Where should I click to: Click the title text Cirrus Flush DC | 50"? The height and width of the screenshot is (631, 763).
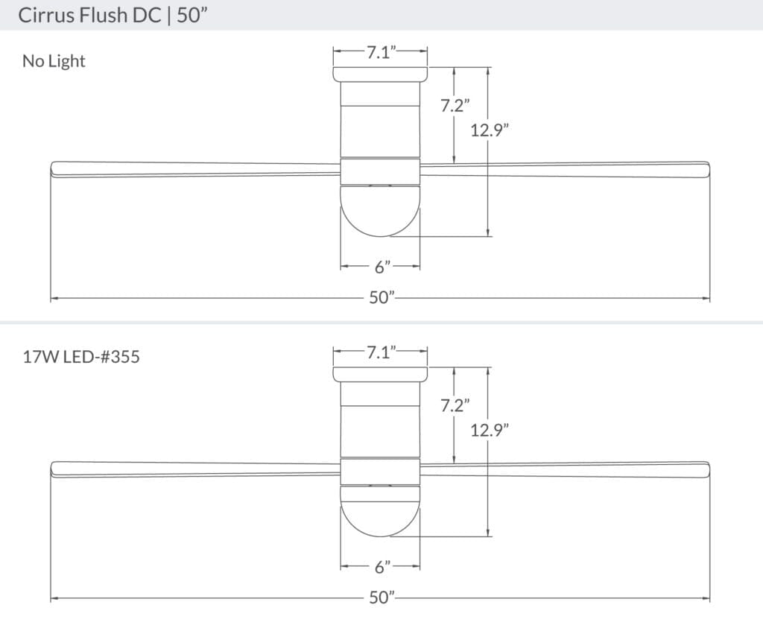[112, 16]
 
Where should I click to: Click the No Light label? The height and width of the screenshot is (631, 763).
[54, 61]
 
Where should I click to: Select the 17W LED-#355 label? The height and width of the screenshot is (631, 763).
[81, 357]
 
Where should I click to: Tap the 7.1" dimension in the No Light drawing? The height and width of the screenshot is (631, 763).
[380, 52]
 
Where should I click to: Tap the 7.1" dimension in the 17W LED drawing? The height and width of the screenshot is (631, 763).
[380, 352]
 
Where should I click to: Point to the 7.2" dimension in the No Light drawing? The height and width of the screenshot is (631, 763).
[453, 106]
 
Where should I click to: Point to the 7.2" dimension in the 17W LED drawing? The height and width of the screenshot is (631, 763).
[453, 406]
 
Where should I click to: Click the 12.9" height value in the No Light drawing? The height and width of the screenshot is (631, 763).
[489, 130]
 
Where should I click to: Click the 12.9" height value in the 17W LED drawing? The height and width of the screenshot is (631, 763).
[489, 430]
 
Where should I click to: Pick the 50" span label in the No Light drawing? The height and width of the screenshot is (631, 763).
[381, 298]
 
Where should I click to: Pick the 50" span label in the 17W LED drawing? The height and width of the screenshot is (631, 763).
[381, 598]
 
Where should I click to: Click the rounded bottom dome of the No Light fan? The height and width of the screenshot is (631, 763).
[380, 212]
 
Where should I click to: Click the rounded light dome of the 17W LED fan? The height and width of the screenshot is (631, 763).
[380, 514]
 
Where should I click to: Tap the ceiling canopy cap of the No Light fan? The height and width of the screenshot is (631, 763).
[380, 74]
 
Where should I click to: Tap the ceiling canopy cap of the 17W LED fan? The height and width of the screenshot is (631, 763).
[380, 374]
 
